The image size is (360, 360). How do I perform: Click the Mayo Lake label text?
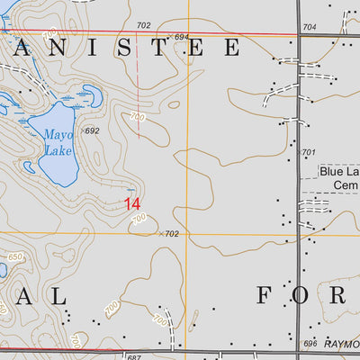(59, 143)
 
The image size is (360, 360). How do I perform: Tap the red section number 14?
(132, 204)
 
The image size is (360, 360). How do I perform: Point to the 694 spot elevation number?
(182, 37)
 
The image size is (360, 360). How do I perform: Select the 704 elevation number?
(309, 28)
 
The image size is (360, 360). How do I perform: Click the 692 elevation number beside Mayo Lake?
(92, 130)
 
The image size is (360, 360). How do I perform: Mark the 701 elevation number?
(309, 153)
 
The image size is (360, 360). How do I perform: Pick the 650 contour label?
(13, 257)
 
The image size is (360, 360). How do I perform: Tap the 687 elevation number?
(134, 357)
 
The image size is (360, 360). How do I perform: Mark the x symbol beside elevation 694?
(168, 37)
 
